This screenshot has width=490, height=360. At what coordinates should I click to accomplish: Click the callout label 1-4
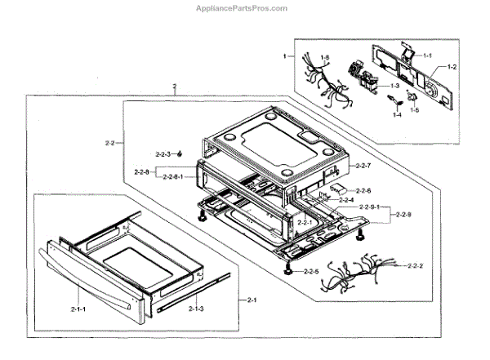(397, 116)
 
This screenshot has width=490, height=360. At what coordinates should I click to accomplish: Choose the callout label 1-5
(414, 110)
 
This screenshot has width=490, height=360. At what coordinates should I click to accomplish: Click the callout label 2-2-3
(166, 154)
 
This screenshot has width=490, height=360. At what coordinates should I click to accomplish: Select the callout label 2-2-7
(363, 166)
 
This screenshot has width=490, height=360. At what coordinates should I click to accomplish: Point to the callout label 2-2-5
(310, 270)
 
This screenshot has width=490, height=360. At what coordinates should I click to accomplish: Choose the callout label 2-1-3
(195, 309)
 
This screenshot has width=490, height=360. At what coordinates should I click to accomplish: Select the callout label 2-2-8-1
(177, 176)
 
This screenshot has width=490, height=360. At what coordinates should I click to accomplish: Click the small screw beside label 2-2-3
(186, 153)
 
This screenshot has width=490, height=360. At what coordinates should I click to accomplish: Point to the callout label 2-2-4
(345, 200)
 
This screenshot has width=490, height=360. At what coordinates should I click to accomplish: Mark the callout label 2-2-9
(403, 215)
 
